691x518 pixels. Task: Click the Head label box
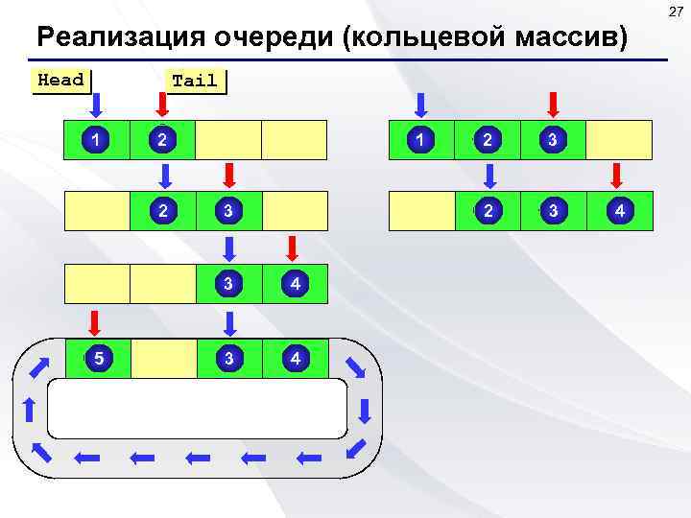(61, 80)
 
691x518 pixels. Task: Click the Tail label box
(195, 82)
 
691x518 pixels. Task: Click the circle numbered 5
(97, 359)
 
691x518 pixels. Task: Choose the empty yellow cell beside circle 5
(162, 359)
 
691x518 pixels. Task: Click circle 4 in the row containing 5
(296, 359)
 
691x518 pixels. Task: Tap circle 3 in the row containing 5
(228, 359)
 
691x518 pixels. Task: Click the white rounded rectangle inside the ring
(197, 408)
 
